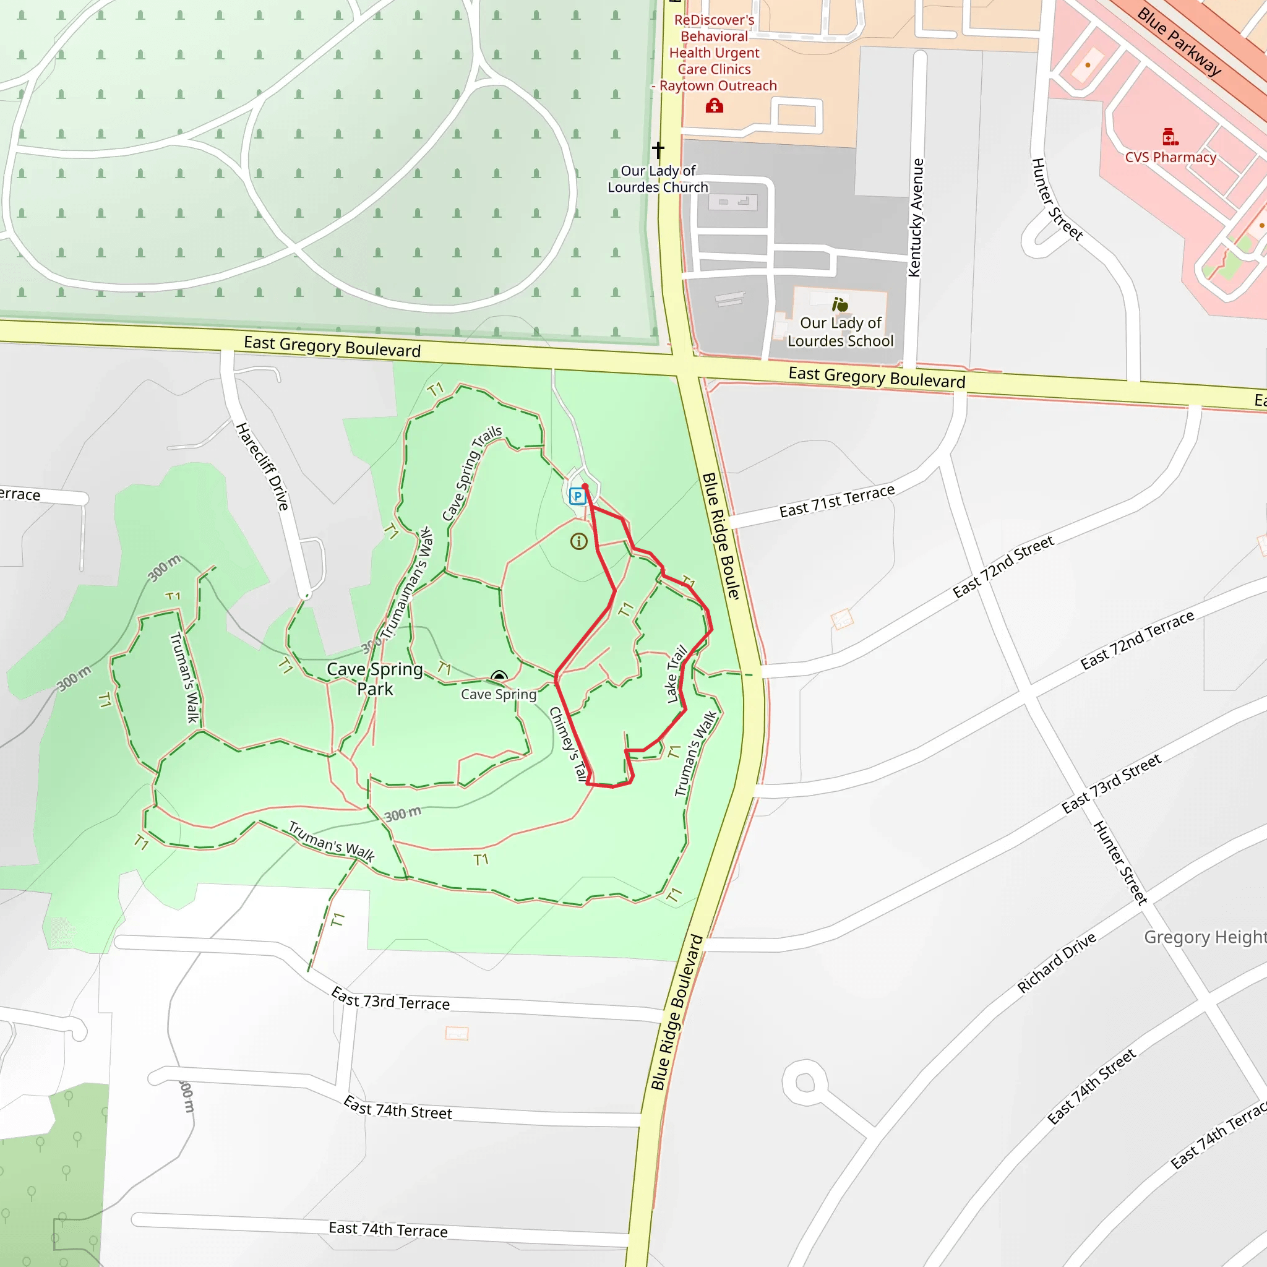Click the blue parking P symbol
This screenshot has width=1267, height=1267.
[577, 496]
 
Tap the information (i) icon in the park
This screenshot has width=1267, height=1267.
[578, 541]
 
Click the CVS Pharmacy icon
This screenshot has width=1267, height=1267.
[1170, 137]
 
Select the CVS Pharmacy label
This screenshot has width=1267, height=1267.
[1170, 157]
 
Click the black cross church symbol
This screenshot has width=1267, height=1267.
[658, 150]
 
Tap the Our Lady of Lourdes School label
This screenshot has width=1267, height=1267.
[840, 332]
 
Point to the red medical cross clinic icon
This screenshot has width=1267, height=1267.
[714, 106]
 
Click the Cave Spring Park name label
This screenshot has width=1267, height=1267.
[374, 679]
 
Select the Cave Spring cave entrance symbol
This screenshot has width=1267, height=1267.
[499, 676]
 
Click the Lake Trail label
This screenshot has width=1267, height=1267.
[676, 674]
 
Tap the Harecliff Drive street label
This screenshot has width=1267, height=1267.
[263, 467]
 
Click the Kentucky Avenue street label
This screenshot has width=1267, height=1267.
[916, 218]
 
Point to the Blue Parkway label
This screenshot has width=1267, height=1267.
[1179, 42]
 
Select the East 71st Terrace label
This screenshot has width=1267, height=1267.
[836, 501]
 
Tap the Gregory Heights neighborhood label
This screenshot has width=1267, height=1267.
[1204, 937]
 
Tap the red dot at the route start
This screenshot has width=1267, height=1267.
[585, 487]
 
